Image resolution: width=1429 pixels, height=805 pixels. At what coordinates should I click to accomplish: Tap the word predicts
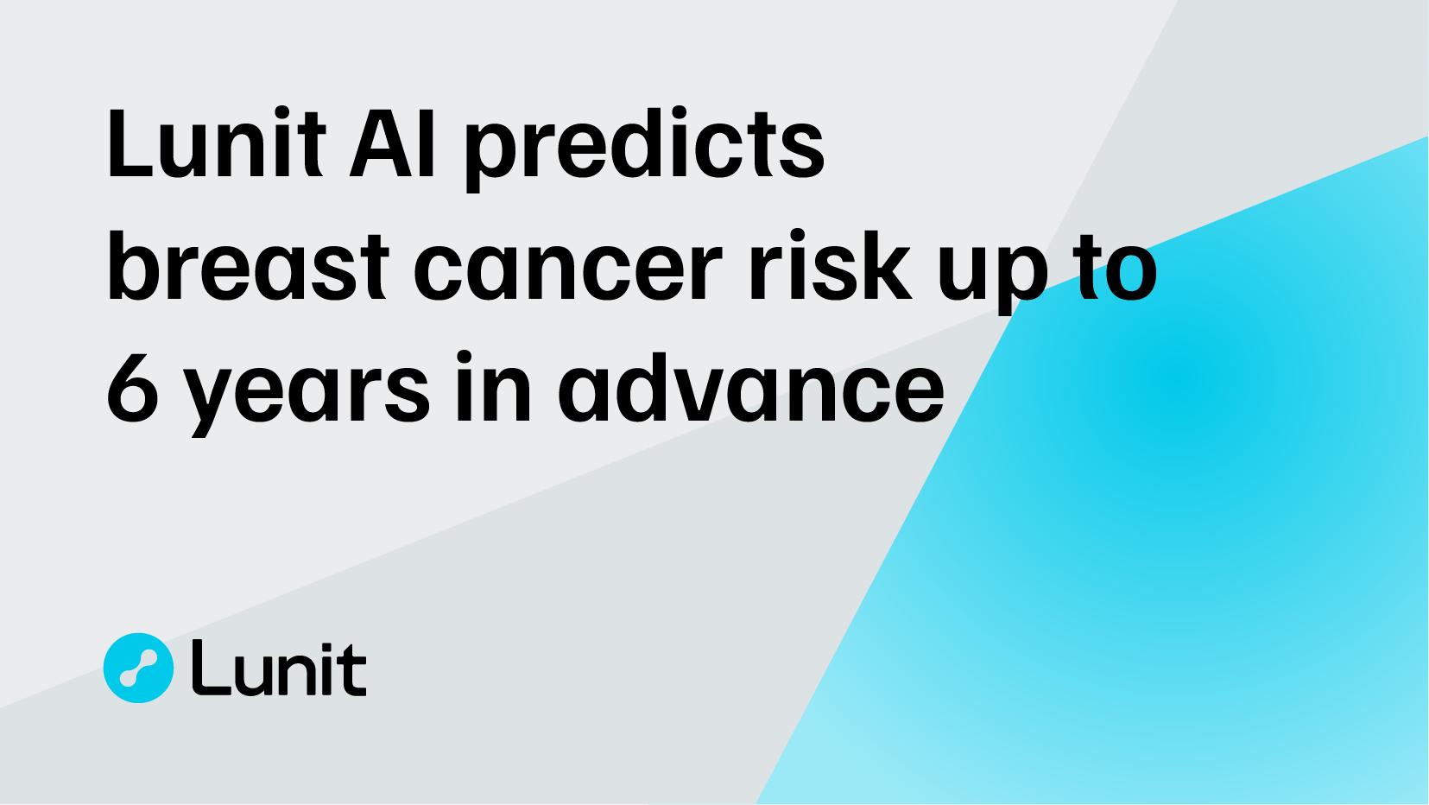(x=644, y=149)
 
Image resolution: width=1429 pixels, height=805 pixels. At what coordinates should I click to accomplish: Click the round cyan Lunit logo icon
(x=138, y=668)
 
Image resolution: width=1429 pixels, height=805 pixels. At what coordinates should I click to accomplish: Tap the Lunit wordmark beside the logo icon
(x=279, y=669)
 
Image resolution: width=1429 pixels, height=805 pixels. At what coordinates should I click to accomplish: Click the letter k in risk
(x=884, y=268)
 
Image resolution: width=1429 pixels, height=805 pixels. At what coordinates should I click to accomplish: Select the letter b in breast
(x=130, y=268)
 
